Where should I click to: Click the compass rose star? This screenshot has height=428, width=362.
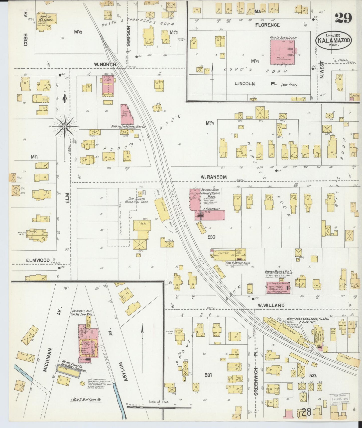pos(65,126)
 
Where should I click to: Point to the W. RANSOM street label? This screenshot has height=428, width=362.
pos(213,177)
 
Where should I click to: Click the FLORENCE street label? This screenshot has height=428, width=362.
pos(267,25)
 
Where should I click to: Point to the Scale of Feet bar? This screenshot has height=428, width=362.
pos(159,407)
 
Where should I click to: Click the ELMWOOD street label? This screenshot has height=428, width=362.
pos(38,260)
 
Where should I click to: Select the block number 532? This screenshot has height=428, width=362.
pos(313,375)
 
